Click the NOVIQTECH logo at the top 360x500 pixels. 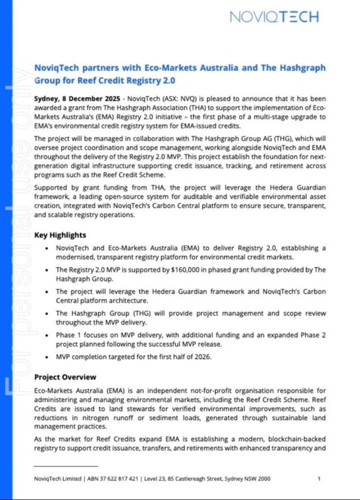273,17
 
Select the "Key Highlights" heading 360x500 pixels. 60,235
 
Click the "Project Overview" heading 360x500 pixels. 65,377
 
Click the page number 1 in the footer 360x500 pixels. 319,479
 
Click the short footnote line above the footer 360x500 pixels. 58,466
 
